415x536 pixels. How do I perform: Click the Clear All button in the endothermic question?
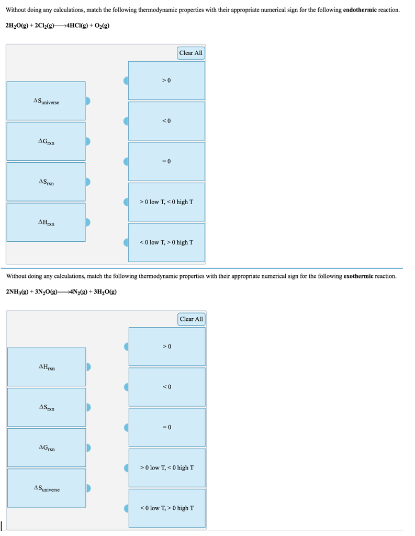pos(190,53)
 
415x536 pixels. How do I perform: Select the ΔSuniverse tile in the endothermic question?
pos(46,101)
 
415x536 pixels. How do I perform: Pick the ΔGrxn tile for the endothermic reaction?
pos(46,141)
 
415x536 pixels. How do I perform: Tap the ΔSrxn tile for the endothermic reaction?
pos(46,182)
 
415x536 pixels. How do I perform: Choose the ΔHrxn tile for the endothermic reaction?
pos(46,222)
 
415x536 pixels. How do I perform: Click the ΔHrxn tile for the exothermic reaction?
pos(47,367)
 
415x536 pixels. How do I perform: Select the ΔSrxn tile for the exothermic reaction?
pos(47,407)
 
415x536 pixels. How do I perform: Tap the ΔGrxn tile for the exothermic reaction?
pos(47,448)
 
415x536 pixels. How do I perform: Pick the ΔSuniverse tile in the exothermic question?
pos(47,488)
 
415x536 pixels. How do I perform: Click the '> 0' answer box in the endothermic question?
pos(166,81)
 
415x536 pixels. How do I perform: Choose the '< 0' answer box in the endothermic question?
pos(166,121)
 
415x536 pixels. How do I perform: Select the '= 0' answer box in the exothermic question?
pos(167,427)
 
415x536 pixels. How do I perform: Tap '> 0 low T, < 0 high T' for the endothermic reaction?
pos(166,202)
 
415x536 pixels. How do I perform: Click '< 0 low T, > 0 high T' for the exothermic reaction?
pos(167,508)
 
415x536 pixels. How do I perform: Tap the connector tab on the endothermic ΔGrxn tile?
pos(88,141)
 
